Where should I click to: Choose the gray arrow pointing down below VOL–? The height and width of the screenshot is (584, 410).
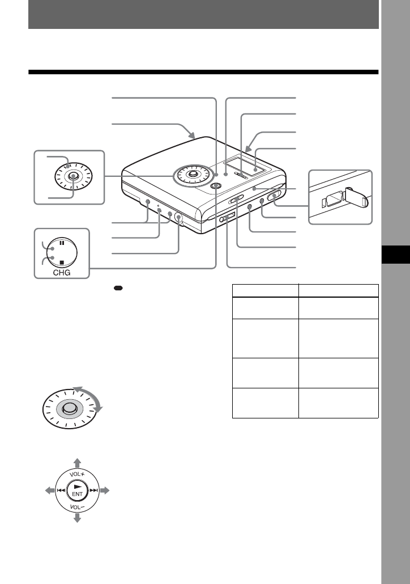click(77, 518)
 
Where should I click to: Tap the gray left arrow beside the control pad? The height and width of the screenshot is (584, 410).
click(49, 489)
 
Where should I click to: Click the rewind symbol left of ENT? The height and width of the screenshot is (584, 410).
click(60, 490)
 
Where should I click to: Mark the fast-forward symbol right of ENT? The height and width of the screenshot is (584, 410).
click(94, 490)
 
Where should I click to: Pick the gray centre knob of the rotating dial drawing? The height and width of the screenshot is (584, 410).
click(69, 409)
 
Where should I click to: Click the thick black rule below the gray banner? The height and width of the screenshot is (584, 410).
click(203, 73)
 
